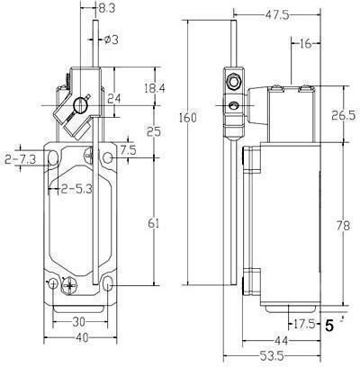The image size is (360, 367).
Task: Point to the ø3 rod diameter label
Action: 112,40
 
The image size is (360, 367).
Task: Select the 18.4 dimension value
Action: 155,88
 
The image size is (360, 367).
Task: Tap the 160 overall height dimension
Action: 188,118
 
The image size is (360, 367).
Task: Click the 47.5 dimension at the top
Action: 277,15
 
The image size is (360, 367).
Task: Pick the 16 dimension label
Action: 305,44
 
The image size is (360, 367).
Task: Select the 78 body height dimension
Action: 344,226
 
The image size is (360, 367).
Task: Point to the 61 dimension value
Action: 154,223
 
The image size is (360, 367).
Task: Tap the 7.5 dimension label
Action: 128,149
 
